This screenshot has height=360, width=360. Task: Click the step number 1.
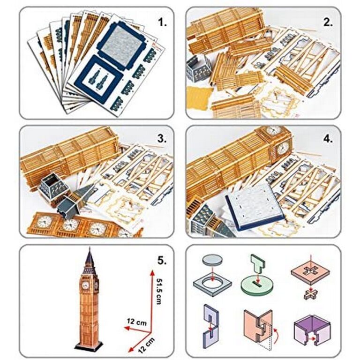(x=162, y=22)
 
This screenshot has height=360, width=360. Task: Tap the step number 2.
(x=328, y=22)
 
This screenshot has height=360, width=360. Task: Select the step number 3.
(x=162, y=139)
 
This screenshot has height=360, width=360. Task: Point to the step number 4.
(x=328, y=139)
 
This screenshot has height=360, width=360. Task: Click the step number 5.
(x=162, y=260)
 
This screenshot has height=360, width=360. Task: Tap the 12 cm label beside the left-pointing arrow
(x=136, y=322)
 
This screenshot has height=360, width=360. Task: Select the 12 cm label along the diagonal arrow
(x=146, y=345)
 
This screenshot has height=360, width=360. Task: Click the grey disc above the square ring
(x=213, y=261)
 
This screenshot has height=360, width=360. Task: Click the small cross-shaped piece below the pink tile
(x=311, y=294)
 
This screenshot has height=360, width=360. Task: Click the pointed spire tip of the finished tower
(x=90, y=248)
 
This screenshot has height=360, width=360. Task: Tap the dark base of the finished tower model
(x=89, y=345)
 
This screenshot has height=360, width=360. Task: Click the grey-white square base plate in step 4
(x=255, y=210)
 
